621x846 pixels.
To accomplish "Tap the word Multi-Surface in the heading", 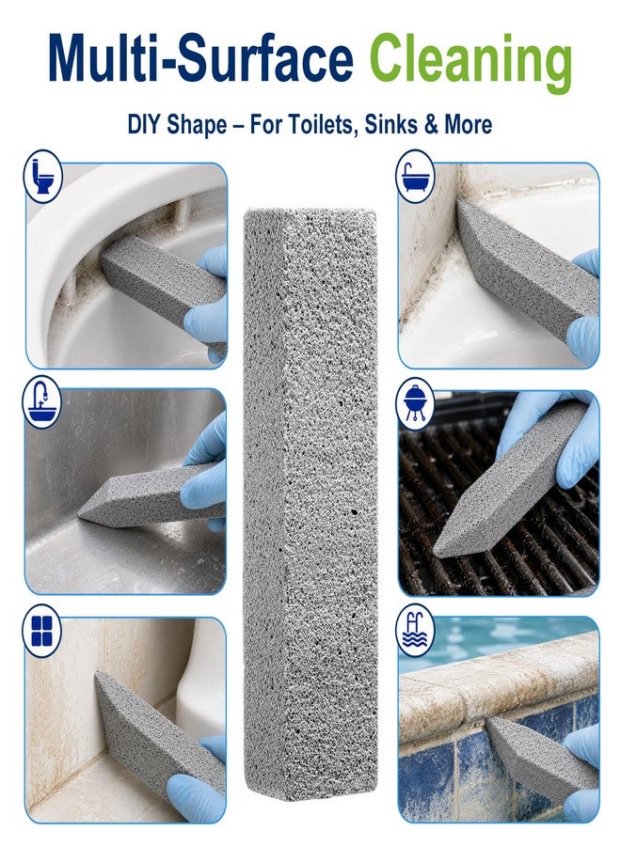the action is click(200, 57).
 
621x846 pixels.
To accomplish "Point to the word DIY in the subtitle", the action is click(144, 125).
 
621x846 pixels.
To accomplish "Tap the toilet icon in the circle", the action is click(42, 177).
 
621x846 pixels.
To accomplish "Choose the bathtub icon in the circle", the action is click(415, 177).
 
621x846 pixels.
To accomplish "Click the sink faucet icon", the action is click(41, 402).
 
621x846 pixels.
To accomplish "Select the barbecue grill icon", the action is click(415, 403).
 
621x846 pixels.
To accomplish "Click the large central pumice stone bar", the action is click(310, 504).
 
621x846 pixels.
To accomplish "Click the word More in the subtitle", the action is click(468, 125).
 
